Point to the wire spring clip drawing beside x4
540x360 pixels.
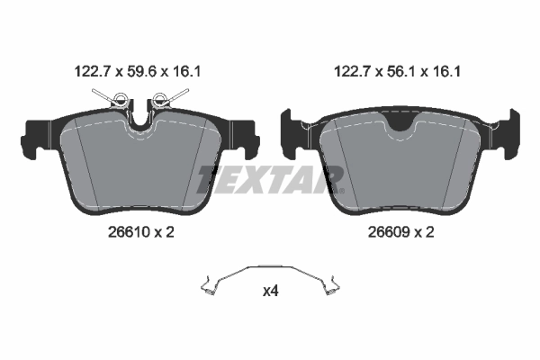269,280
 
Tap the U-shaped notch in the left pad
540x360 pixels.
139,117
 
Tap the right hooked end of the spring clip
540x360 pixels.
332,288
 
